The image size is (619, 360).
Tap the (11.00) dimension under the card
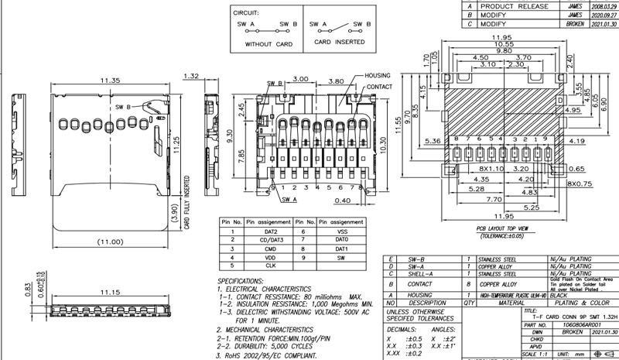click(x=109, y=242)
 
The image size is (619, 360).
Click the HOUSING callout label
click(x=377, y=75)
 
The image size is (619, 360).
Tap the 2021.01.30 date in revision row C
click(x=604, y=24)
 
